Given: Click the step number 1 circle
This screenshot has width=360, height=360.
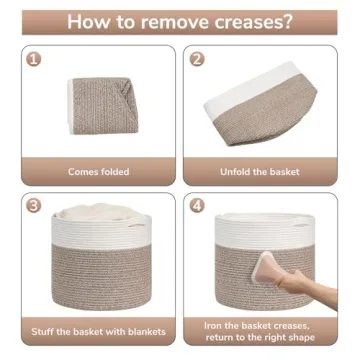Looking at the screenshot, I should coord(35,59).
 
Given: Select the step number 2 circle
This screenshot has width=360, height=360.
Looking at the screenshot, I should coord(198,59).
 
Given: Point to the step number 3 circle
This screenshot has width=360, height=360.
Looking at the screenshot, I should coord(35,207).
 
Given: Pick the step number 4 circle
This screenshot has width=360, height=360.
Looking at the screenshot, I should coord(198,207).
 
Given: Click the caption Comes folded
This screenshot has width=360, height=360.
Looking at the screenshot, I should coord(98,171).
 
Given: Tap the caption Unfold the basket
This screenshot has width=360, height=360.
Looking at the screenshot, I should coord(261,171).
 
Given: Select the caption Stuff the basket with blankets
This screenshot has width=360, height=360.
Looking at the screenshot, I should coord(98,330).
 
